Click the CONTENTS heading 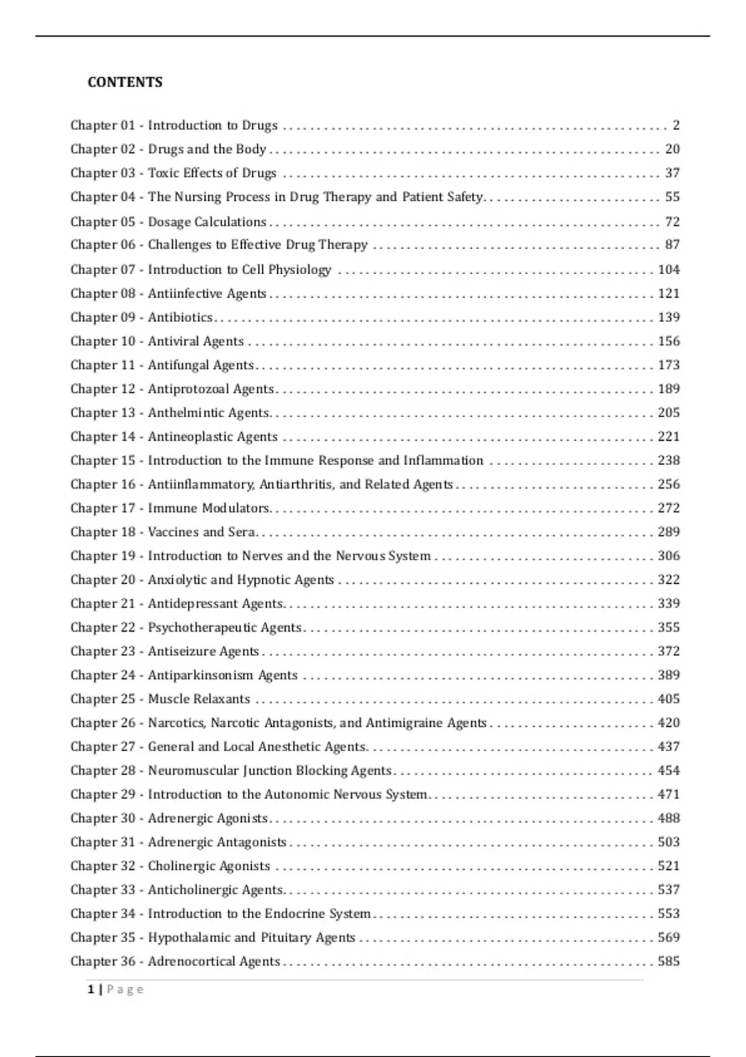click(125, 82)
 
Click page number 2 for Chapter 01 click(676, 125)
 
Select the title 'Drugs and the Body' click(207, 149)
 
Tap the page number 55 click(672, 197)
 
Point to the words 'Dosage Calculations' click(207, 222)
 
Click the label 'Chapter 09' click(103, 317)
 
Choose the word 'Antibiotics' click(180, 317)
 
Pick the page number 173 click(669, 365)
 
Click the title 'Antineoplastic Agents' click(213, 436)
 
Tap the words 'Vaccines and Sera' click(201, 532)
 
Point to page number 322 click(669, 579)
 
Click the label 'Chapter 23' click(103, 651)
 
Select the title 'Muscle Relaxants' click(199, 699)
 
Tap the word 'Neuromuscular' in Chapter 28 click(193, 770)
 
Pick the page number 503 click(669, 842)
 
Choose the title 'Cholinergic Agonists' click(209, 866)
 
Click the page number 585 click(669, 961)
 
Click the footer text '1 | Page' click(116, 989)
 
